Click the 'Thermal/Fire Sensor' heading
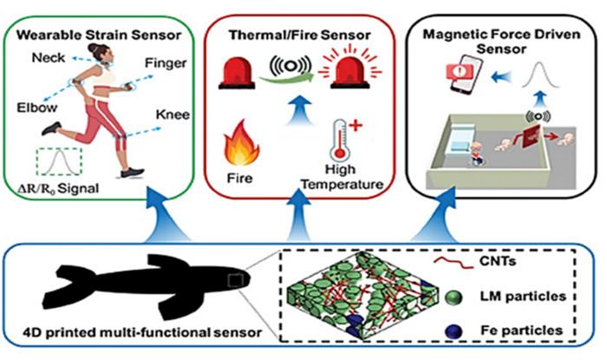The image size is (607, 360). pos(300,37)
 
